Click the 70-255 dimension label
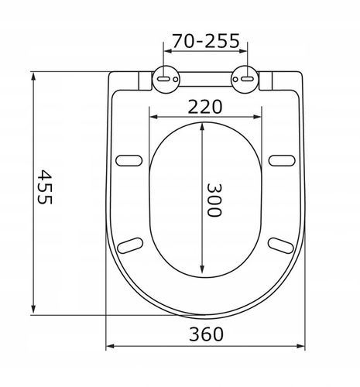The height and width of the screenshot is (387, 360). pos(206,41)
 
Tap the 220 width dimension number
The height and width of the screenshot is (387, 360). pos(204,107)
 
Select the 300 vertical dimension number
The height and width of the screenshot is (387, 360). pos(214,200)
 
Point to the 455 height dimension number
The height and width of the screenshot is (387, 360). pos(45,187)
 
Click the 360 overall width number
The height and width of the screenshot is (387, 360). pos(206,334)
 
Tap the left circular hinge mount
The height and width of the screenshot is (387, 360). pos(166,79)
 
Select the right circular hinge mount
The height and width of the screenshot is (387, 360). pos(245,79)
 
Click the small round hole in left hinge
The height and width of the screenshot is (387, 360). pos(176,79)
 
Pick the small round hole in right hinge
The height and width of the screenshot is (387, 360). pos(235,79)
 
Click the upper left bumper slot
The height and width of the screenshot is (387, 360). pos(129,160)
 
